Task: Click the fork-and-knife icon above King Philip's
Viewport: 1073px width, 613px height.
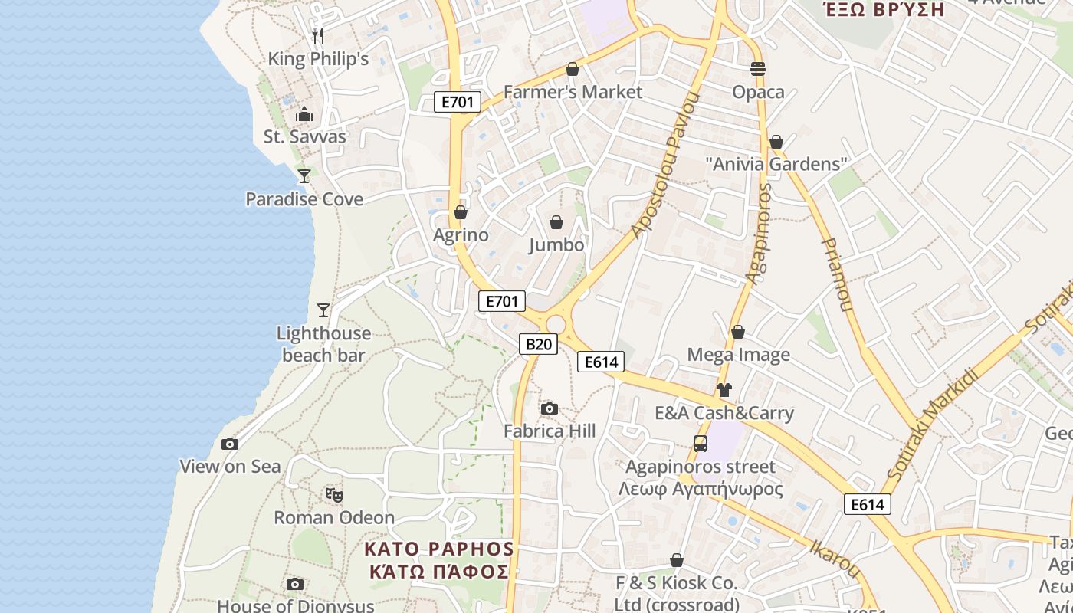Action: click(x=318, y=35)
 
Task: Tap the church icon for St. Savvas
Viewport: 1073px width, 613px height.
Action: click(x=304, y=115)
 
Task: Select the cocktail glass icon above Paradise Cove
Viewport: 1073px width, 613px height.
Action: click(x=304, y=176)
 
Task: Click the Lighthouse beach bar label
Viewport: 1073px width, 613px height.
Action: click(x=323, y=344)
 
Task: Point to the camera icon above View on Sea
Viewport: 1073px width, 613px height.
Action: click(x=229, y=444)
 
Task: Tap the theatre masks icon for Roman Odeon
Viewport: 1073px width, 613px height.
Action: click(x=333, y=495)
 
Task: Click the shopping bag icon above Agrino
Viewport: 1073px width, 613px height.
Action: click(x=461, y=212)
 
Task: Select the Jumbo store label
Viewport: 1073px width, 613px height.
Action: click(x=556, y=245)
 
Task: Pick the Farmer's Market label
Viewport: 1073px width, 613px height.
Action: click(x=573, y=92)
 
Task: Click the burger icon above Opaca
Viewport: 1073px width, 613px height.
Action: click(x=758, y=69)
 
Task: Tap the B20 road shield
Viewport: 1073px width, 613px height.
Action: click(x=538, y=344)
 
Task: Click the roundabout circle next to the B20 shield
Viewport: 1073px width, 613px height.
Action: click(x=556, y=325)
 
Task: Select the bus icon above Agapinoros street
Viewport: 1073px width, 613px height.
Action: click(x=701, y=443)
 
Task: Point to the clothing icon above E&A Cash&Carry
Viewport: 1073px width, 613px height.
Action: click(x=724, y=390)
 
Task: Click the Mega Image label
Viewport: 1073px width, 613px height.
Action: click(x=738, y=355)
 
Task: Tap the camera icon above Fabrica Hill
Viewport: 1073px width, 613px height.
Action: click(x=549, y=408)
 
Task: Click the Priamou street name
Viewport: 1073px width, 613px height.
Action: click(x=836, y=274)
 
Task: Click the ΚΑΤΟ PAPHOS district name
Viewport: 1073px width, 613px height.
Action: click(x=438, y=549)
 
